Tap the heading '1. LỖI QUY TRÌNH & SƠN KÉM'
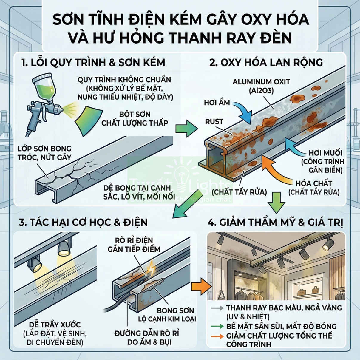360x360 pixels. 93,63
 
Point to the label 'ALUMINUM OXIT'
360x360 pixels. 261,82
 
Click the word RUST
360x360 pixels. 214,122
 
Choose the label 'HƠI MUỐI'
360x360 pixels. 325,153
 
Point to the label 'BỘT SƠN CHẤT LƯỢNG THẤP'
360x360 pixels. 135,119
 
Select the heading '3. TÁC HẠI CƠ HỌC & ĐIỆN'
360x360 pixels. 83,223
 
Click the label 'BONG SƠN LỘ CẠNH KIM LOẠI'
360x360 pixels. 167,315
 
